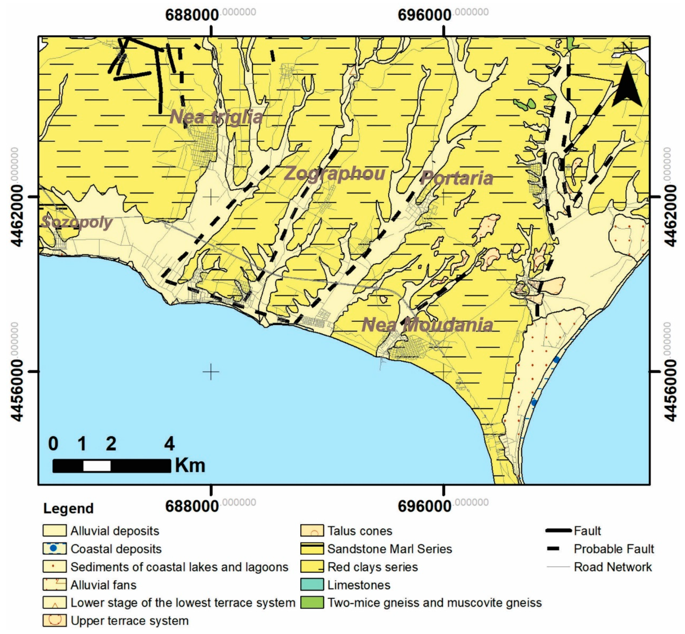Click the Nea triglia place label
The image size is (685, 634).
(x=216, y=117)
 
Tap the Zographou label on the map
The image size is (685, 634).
(x=334, y=174)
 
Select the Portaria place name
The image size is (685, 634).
(x=457, y=178)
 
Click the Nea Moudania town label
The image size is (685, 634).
(x=428, y=325)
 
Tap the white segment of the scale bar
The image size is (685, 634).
(x=97, y=466)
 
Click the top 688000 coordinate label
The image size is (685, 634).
(x=192, y=15)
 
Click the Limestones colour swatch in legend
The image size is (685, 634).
(x=312, y=585)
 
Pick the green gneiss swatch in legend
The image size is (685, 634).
(x=312, y=603)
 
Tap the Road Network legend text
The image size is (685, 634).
(x=613, y=567)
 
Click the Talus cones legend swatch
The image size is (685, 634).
(x=312, y=531)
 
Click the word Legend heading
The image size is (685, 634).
(x=68, y=508)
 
